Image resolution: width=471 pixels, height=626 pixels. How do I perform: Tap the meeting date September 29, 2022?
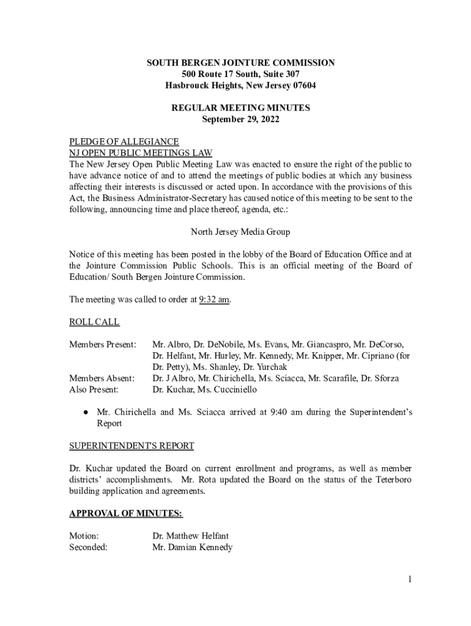[240, 120]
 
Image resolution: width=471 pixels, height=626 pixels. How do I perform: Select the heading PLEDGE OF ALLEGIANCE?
[124, 142]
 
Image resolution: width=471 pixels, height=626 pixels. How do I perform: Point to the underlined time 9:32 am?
[215, 300]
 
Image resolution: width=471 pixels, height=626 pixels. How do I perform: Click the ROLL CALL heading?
[94, 322]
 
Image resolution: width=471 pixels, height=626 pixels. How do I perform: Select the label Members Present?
[102, 345]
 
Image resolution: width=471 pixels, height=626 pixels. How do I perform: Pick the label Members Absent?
[102, 378]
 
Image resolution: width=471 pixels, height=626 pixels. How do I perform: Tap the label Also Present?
[94, 389]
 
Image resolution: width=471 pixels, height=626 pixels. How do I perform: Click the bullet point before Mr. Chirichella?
[87, 413]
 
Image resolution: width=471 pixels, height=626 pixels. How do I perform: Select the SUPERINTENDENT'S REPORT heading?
[132, 446]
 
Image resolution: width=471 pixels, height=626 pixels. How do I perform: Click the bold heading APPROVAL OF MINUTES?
[125, 513]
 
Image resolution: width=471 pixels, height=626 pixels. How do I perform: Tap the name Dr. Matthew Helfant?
[190, 536]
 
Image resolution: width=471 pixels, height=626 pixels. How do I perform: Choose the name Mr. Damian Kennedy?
[192, 547]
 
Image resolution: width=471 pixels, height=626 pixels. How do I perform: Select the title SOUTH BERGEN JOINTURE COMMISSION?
[240, 63]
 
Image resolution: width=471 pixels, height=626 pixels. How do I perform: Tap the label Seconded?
[89, 547]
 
